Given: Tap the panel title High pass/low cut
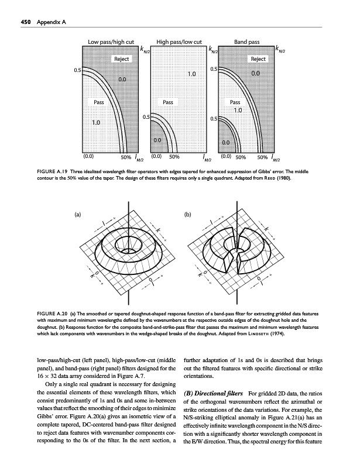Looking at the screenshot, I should click(x=179, y=42).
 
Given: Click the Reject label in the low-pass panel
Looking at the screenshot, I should click(x=122, y=60).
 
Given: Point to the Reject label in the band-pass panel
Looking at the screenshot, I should click(x=258, y=60).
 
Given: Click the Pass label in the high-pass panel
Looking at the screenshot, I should click(x=169, y=102).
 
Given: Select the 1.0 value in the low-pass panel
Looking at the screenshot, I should click(x=97, y=122).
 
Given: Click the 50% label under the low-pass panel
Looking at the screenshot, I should click(x=125, y=157).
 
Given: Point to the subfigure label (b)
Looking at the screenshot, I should click(x=188, y=215).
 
